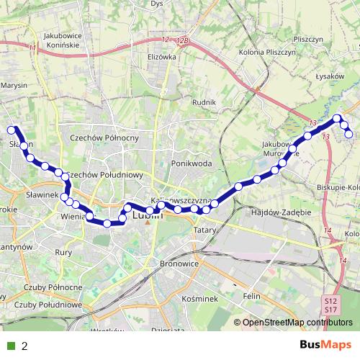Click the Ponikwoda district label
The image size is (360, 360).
pos(192,163)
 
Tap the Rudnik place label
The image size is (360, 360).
pos(204,102)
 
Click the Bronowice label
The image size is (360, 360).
pos(179,264)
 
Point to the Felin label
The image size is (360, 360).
pos(251,296)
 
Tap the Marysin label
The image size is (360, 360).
pos(14,85)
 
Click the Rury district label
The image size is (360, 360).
pos(63,252)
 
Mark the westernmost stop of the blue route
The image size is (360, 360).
pos(12,130)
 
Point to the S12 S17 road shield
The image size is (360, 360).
pos(330,304)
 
